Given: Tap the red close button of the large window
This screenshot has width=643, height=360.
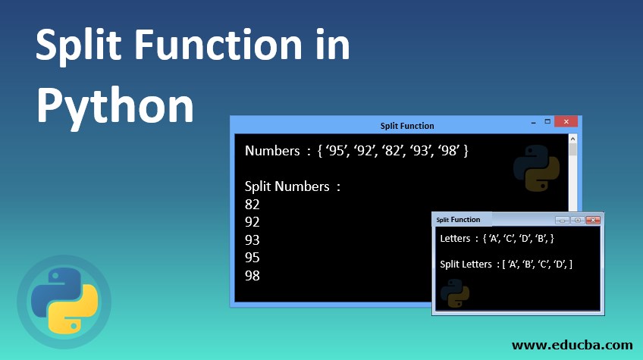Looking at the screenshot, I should coord(565,122).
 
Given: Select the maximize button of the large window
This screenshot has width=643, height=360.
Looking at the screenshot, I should coord(547,122).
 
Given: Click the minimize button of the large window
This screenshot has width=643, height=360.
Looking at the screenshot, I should coord(532,122).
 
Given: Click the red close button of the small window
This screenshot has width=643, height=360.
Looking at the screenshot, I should coord(593,220).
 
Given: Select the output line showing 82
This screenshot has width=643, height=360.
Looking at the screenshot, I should coord(252,204).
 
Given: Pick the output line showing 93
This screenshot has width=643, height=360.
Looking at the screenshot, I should coord(252,239).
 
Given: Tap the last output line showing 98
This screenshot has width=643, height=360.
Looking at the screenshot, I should coord(252,275).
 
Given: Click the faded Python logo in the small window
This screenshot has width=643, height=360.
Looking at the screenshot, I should coord(454,294).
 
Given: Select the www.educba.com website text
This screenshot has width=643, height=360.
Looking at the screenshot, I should coord(572,345).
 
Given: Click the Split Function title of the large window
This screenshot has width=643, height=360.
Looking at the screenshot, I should coord(407,126).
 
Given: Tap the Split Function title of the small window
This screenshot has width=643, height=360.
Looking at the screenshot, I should coord(458,220).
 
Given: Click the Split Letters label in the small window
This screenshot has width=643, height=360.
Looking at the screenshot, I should coord(466,264).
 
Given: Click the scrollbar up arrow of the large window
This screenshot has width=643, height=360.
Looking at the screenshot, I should coord(573,139).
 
